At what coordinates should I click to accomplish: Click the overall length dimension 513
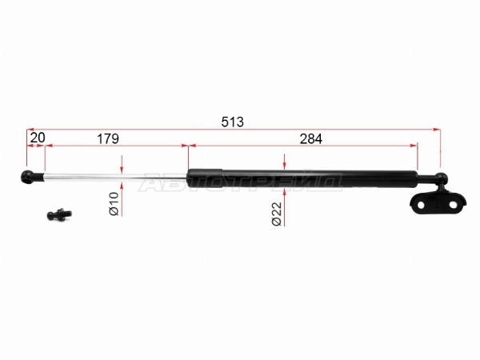[232, 122]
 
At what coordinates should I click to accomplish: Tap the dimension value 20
[38, 138]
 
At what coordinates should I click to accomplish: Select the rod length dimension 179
[108, 138]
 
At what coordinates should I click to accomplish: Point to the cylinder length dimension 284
[310, 138]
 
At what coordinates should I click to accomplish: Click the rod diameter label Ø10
[114, 203]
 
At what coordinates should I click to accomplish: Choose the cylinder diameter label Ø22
[277, 214]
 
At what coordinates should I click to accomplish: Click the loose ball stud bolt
[59, 214]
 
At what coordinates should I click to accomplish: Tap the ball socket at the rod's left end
[27, 177]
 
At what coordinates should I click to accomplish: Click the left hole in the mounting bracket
[421, 205]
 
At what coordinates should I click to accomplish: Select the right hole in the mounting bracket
[453, 205]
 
